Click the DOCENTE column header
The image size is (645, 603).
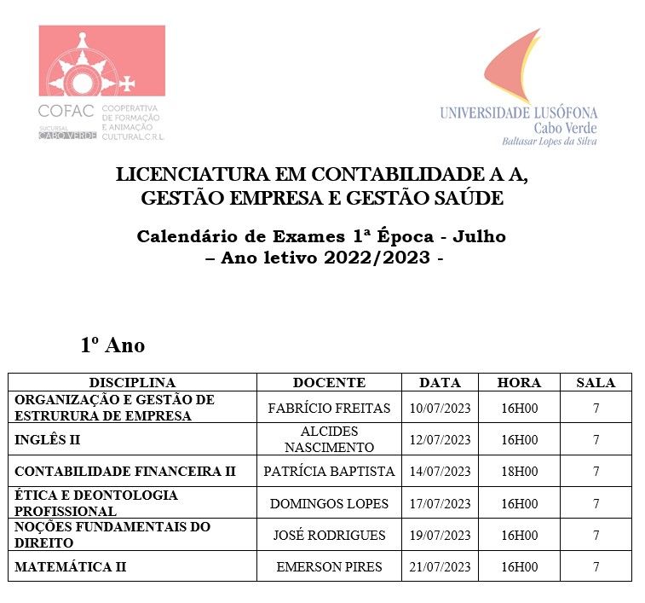click(329, 383)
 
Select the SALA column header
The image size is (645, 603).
click(596, 383)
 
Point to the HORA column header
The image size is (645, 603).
click(519, 383)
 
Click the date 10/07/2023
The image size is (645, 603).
click(440, 409)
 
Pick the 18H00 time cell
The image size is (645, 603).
click(519, 472)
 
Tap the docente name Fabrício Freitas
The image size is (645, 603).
click(329, 409)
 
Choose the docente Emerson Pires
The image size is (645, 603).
click(329, 567)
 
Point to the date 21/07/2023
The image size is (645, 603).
click(440, 567)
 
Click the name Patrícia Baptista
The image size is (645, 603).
click(329, 472)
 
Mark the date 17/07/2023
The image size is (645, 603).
click(440, 504)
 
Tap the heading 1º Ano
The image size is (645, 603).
click(112, 345)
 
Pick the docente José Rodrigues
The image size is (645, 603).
click(329, 536)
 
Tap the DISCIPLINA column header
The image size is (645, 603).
click(132, 383)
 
